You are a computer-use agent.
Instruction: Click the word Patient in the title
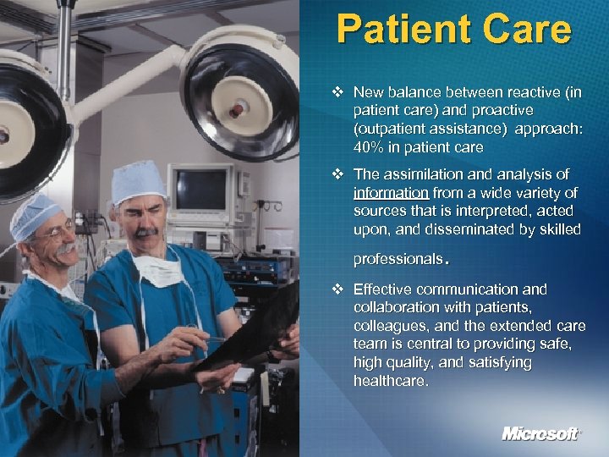[x=398, y=29]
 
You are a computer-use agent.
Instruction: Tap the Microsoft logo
[x=541, y=433]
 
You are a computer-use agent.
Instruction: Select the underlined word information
[x=392, y=192]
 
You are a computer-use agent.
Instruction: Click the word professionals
[x=398, y=257]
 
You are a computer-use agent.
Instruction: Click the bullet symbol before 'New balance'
[x=338, y=91]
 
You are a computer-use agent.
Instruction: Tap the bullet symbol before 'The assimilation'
[x=338, y=173]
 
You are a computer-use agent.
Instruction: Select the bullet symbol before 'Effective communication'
[x=338, y=289]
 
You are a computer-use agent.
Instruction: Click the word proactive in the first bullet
[x=503, y=110]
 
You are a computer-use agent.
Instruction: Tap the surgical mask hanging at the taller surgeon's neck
[x=158, y=269]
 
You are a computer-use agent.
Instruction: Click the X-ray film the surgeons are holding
[x=254, y=330]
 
